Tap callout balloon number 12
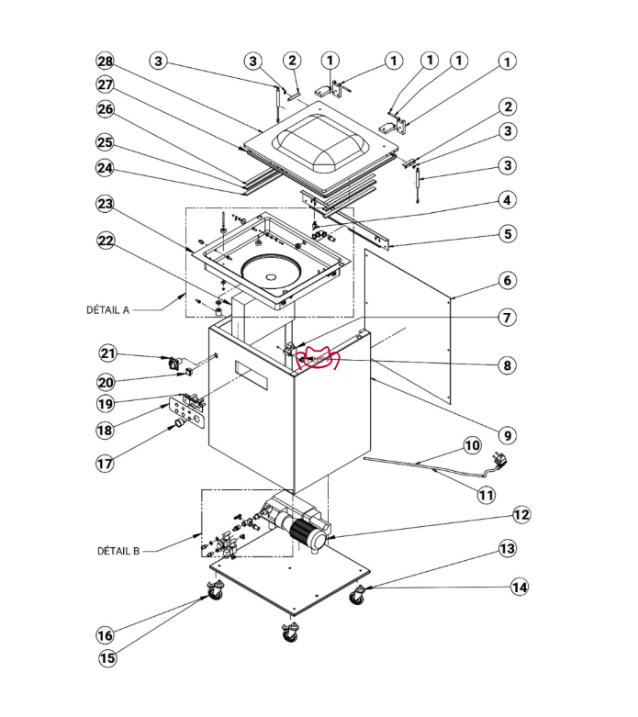pyautogui.click(x=520, y=516)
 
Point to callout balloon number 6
pyautogui.click(x=507, y=281)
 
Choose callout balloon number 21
pyautogui.click(x=109, y=353)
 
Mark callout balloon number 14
pyautogui.click(x=520, y=587)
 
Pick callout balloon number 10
pyautogui.click(x=472, y=446)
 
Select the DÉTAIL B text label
pyautogui.click(x=118, y=552)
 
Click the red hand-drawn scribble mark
pyautogui.click(x=321, y=359)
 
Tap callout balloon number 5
pyautogui.click(x=507, y=234)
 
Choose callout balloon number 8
pyautogui.click(x=507, y=365)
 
